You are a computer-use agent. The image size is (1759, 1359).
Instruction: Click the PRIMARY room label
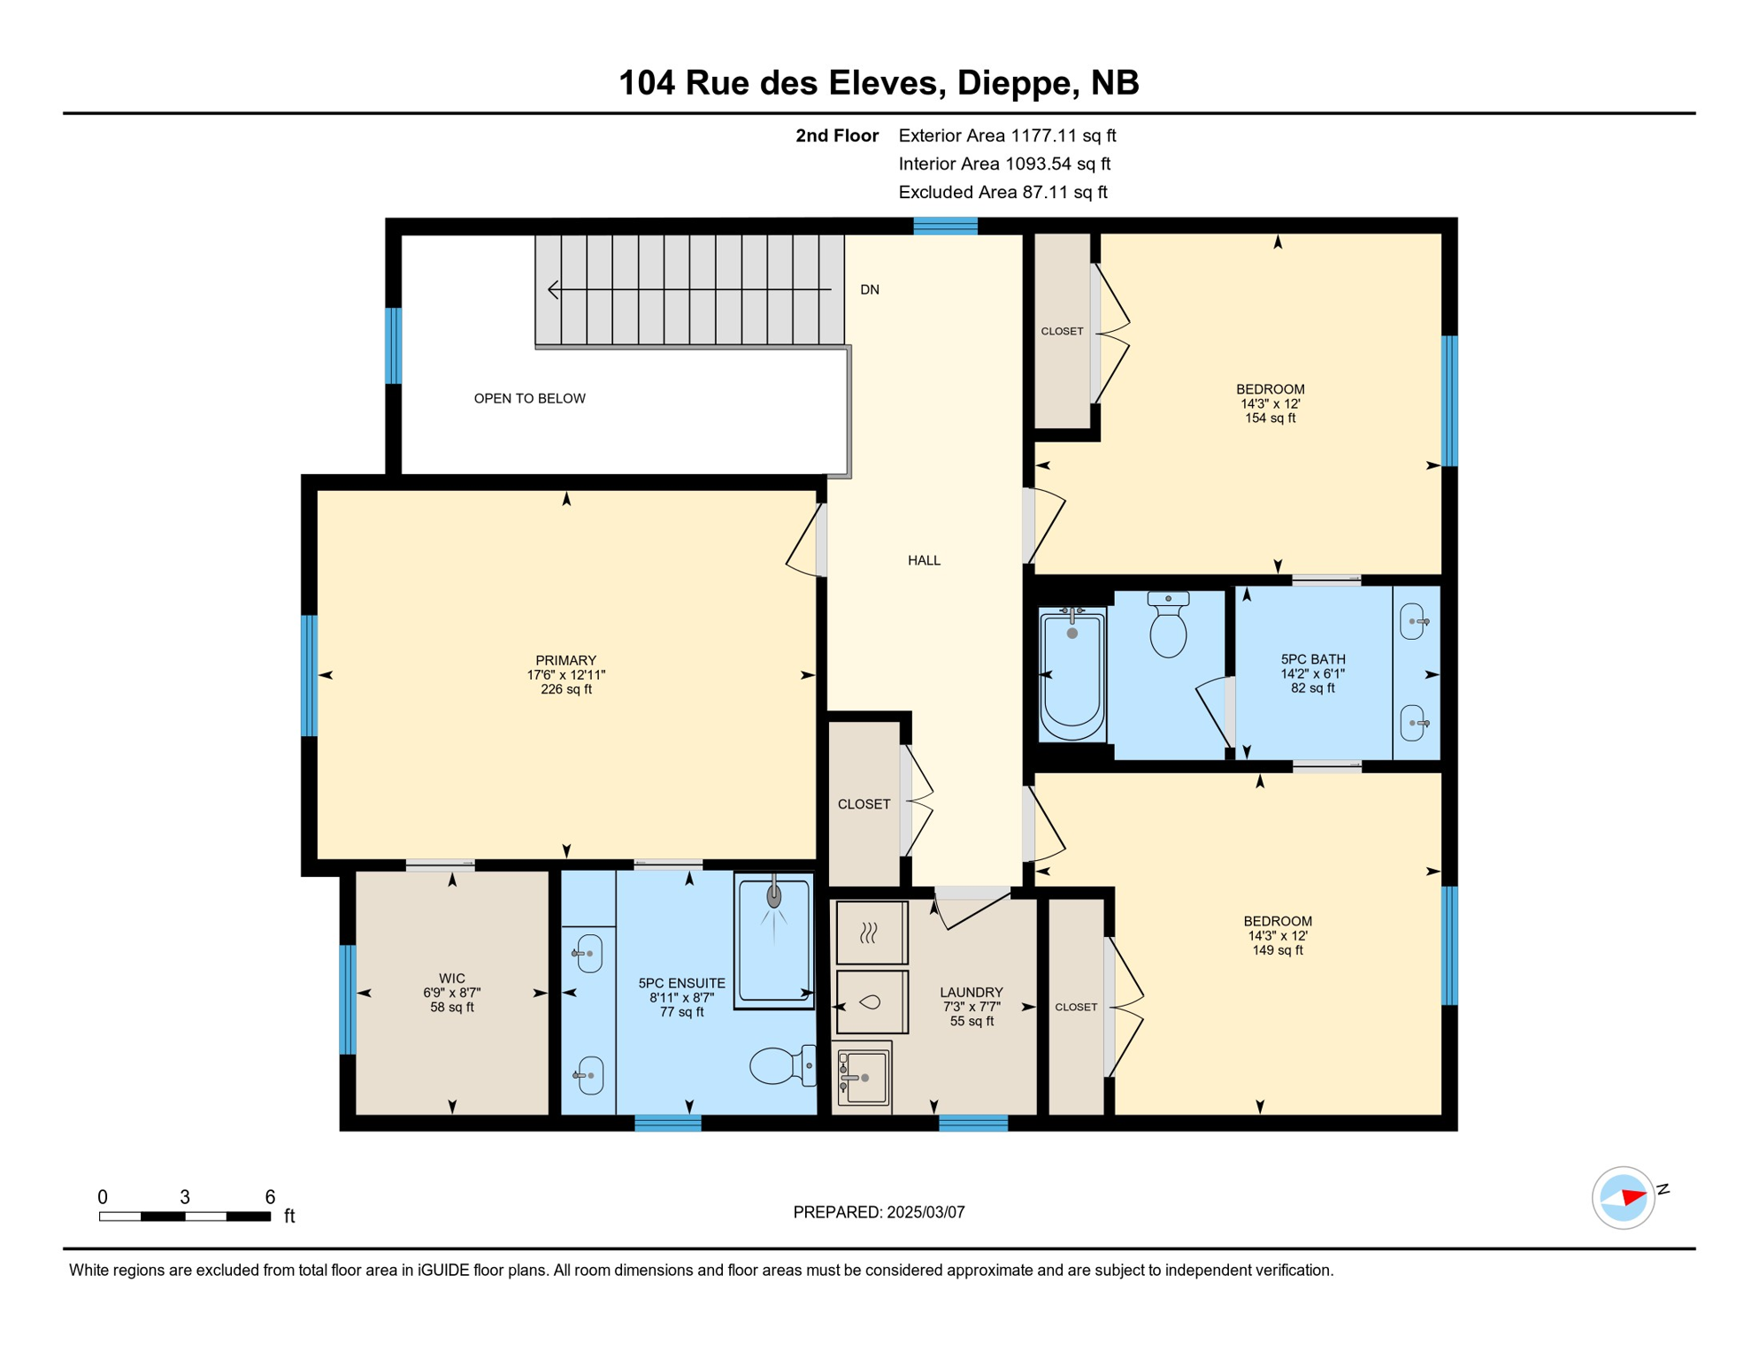[565, 660]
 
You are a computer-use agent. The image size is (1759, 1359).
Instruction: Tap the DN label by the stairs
[869, 289]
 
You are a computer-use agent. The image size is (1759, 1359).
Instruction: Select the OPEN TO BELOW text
[529, 398]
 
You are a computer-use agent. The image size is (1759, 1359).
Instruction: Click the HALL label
[923, 560]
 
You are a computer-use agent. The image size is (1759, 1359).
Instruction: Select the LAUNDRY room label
[971, 993]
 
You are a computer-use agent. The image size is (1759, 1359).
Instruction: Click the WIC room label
[451, 979]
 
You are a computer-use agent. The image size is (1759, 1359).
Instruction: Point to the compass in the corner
[1623, 1198]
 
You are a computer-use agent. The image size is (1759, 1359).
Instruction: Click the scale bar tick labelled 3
[184, 1197]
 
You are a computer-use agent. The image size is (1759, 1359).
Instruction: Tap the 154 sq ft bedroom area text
[1270, 418]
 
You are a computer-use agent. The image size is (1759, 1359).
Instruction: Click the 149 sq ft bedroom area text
[1277, 950]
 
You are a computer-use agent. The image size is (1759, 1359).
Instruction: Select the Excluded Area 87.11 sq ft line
[1002, 192]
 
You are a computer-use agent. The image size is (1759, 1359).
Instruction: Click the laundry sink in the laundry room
[862, 1077]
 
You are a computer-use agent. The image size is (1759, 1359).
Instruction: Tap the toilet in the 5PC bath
[1167, 626]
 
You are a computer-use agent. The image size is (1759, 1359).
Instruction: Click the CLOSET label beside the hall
[864, 803]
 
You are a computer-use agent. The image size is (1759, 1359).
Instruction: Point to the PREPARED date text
[878, 1212]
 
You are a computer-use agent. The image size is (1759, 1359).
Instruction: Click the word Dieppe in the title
[1013, 83]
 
